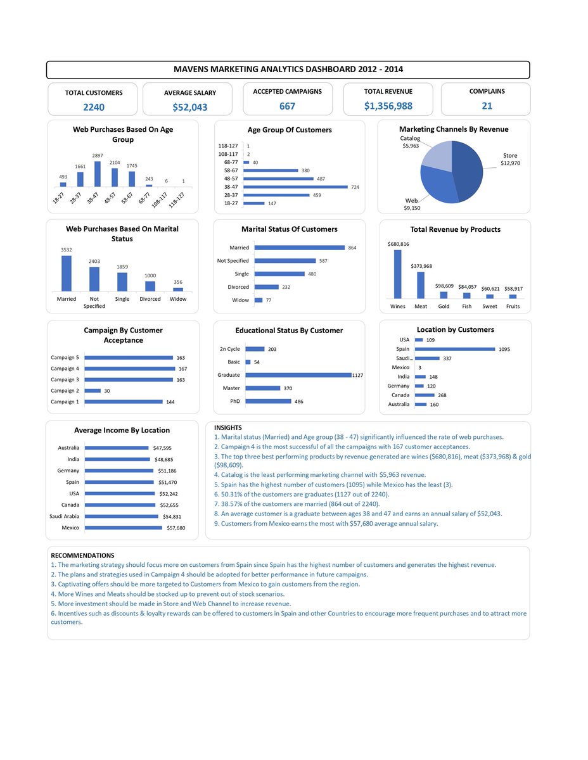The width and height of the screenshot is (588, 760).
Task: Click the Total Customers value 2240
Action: tap(93, 107)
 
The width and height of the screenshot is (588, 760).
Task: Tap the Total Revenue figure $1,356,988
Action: tap(388, 106)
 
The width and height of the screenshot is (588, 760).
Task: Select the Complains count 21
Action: tap(487, 106)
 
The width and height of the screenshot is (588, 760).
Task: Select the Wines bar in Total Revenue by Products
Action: tap(397, 274)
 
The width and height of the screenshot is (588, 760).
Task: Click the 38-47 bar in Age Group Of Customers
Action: tap(296, 187)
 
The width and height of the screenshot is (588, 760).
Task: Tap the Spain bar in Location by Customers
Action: tap(455, 349)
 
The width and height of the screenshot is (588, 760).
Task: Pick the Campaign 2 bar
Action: tap(93, 391)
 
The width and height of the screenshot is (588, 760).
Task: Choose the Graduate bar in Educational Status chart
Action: tap(298, 375)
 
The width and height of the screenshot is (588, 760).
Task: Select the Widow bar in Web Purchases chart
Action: tap(178, 289)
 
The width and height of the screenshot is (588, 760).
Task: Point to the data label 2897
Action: tap(97, 155)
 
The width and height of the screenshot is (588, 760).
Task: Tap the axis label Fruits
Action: tap(513, 307)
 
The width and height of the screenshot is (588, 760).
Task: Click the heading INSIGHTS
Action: tap(227, 427)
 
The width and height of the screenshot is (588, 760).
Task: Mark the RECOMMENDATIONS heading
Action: tap(82, 555)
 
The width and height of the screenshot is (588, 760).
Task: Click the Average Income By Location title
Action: tap(122, 430)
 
